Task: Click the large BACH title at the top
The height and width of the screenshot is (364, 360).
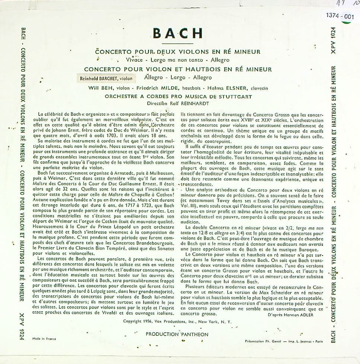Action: point(177,33)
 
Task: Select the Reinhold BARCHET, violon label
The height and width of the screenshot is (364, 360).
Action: point(105,78)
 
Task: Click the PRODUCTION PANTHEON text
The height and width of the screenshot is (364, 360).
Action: point(177,334)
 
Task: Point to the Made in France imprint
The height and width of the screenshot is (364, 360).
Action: point(42,339)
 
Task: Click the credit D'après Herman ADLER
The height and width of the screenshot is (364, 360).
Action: point(290,315)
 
